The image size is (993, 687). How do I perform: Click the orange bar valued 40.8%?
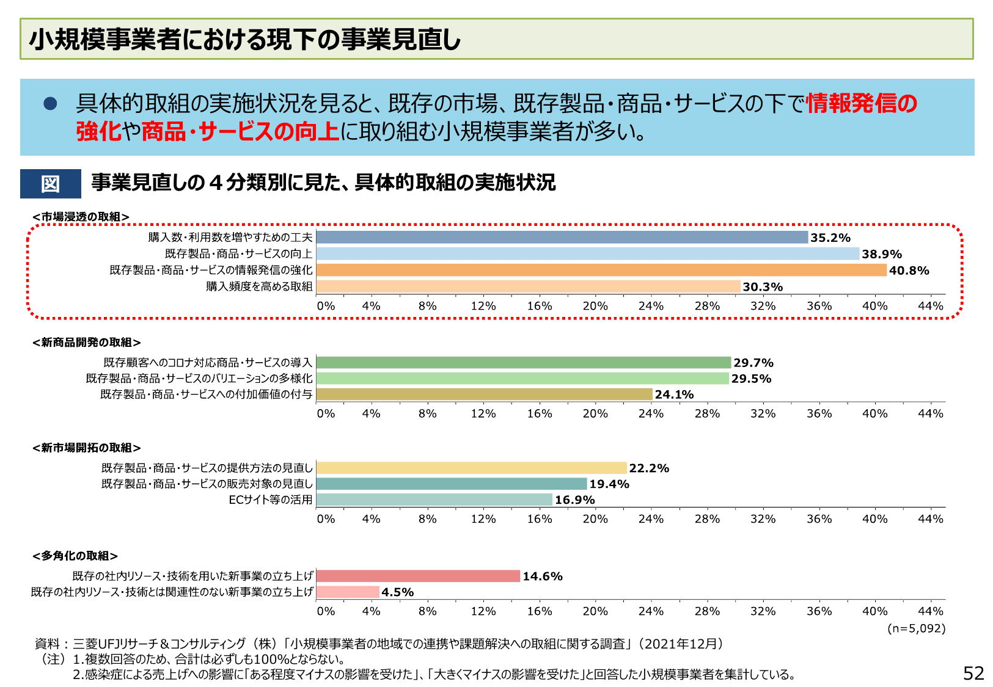601,270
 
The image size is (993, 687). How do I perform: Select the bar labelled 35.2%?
562,238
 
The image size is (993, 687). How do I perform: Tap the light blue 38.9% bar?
588,253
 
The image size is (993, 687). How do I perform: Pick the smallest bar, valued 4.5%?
348,592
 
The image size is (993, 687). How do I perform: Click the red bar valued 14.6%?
418,576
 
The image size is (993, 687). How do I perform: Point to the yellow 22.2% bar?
471,468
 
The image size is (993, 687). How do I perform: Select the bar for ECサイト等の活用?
434,500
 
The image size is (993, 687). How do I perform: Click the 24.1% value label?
674,394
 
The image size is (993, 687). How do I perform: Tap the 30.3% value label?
762,287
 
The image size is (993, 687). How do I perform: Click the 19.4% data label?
609,484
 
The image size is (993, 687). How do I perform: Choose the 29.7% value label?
753,363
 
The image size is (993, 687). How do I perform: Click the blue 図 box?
51,184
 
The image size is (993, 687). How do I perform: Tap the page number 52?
973,673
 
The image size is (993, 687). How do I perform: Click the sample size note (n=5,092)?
916,628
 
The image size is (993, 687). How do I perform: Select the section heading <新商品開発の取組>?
87,343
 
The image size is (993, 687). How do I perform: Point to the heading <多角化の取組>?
75,556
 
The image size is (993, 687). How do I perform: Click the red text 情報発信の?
862,103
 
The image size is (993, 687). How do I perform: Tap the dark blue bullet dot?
50,104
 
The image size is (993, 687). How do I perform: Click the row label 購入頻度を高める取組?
259,286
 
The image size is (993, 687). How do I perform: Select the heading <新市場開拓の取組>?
87,448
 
